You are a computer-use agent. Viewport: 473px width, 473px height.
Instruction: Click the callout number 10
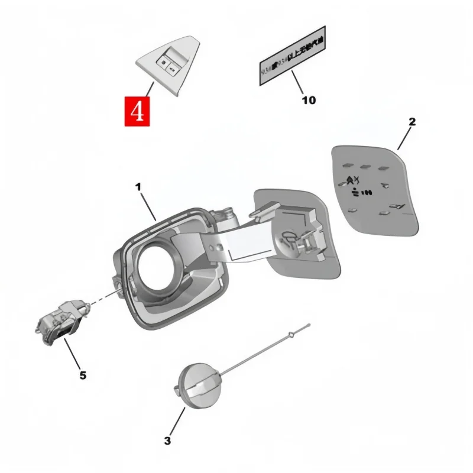[308, 101]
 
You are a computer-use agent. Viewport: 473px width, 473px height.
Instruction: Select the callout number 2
[412, 122]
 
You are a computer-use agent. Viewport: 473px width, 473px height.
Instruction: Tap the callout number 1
[138, 187]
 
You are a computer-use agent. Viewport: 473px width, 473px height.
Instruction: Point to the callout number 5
[83, 374]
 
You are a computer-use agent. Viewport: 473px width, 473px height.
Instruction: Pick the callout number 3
[167, 440]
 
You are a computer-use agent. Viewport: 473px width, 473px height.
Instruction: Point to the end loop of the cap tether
[291, 336]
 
